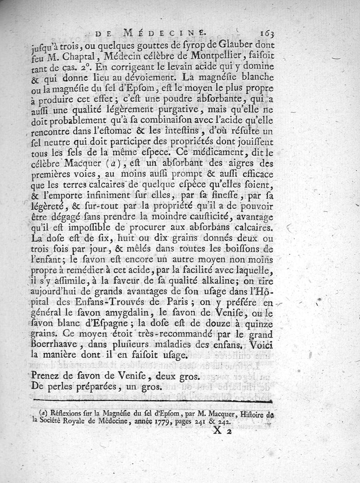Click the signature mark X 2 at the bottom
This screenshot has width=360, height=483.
point(221,433)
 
